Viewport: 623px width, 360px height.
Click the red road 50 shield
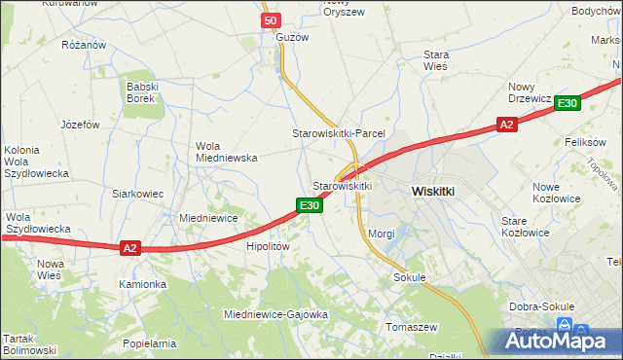272,20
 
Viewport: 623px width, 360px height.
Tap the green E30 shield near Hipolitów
309,204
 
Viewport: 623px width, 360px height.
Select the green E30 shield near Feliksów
568,103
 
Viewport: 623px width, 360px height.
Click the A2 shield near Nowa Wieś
130,248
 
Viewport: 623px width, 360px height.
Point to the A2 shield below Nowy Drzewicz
505,125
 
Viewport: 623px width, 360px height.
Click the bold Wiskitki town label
433,192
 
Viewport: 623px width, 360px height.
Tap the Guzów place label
292,37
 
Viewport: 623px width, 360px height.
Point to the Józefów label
81,125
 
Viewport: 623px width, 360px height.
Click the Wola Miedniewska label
226,151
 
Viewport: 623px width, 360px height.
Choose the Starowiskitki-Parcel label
339,132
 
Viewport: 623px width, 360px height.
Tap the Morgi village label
382,234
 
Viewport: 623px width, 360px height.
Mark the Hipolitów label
268,247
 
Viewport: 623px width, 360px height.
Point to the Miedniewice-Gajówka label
275,315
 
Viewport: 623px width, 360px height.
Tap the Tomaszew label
413,327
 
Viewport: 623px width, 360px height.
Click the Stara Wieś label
434,61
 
